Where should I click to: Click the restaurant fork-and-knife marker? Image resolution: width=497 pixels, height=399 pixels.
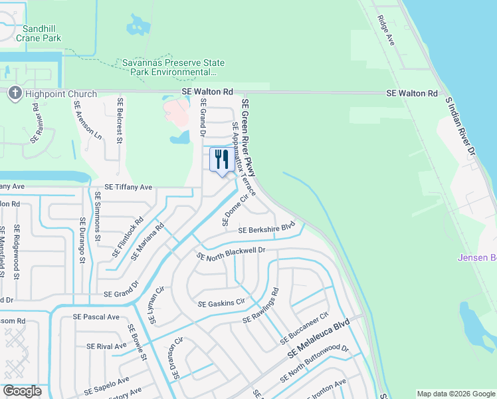[x=221, y=160]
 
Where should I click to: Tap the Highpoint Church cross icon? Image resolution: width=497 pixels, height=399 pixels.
[x=15, y=94]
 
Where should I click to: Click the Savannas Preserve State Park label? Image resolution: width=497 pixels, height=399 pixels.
[x=173, y=67]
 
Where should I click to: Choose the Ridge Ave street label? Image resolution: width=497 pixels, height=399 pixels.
[x=385, y=30]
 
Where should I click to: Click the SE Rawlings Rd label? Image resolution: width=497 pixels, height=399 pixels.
[x=261, y=307]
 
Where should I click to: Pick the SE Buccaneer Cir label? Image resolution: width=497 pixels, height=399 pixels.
[x=304, y=329]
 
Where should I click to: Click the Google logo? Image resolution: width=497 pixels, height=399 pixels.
[x=22, y=391]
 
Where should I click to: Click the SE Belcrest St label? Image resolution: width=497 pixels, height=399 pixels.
[x=120, y=120]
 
